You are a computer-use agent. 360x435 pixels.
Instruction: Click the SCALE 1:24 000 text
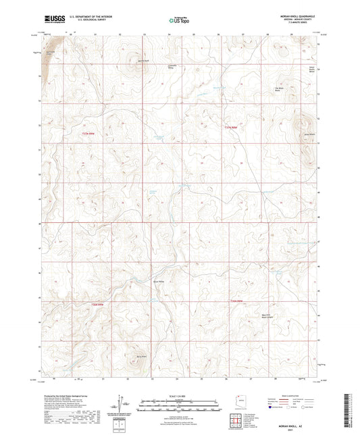pyautogui.click(x=179, y=395)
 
